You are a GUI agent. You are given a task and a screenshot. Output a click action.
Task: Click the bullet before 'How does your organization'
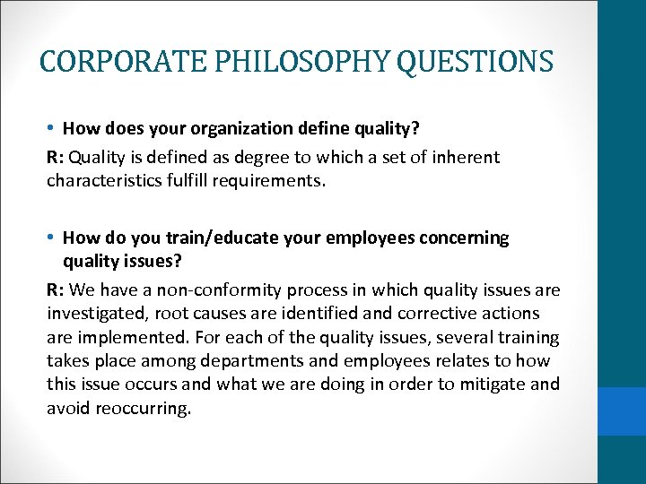click(x=53, y=129)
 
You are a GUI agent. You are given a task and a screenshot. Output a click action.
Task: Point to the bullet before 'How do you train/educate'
click(x=53, y=238)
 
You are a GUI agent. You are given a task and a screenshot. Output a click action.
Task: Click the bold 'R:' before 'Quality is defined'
click(x=56, y=158)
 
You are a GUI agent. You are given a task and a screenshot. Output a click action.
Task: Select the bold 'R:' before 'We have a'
click(x=56, y=290)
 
